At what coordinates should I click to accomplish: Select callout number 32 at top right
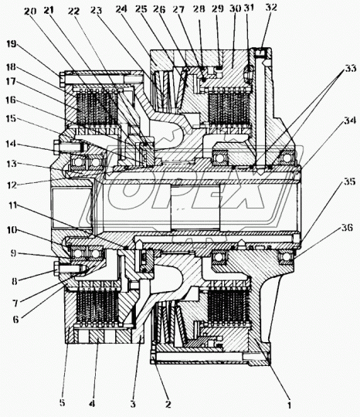271,7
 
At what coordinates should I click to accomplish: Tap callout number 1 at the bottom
289,405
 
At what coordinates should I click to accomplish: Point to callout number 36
347,228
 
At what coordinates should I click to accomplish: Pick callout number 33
351,68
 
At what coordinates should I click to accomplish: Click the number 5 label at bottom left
62,402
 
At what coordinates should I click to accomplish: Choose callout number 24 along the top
121,8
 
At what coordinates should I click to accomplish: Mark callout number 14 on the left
11,144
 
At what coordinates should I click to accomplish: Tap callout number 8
15,281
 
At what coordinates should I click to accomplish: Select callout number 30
235,8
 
